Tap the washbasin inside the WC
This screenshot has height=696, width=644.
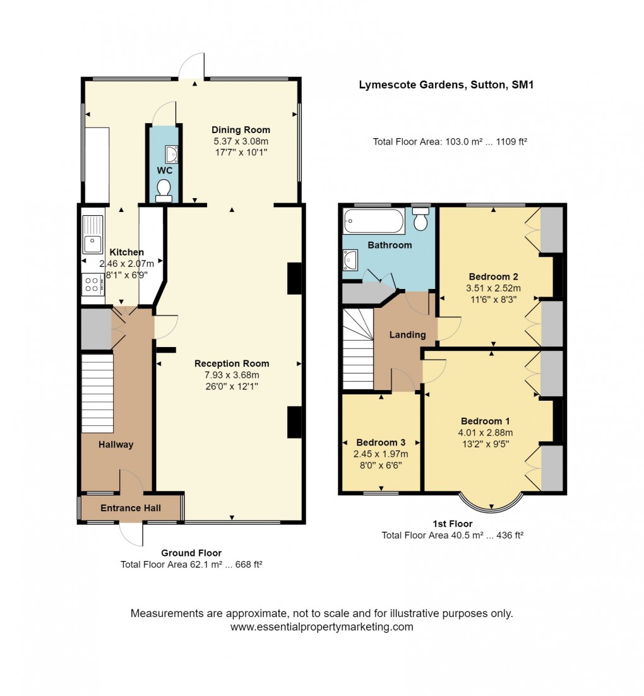(171, 153)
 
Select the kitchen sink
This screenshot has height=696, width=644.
(92, 235)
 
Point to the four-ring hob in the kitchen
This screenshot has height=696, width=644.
(92, 285)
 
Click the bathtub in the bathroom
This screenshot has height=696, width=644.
(374, 221)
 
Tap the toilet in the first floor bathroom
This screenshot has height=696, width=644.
(420, 218)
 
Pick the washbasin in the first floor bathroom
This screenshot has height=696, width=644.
(350, 259)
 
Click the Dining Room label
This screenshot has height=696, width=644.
(241, 129)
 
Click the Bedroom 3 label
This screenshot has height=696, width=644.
(381, 442)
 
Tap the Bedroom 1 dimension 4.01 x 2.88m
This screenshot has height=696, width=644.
(486, 432)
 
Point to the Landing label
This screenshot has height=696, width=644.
(407, 334)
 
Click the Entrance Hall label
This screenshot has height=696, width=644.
(131, 508)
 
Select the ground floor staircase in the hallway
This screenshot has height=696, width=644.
(97, 393)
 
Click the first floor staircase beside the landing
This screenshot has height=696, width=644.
(358, 349)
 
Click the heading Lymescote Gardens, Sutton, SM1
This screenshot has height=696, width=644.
(446, 85)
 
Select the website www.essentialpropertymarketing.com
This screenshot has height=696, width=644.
(321, 627)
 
